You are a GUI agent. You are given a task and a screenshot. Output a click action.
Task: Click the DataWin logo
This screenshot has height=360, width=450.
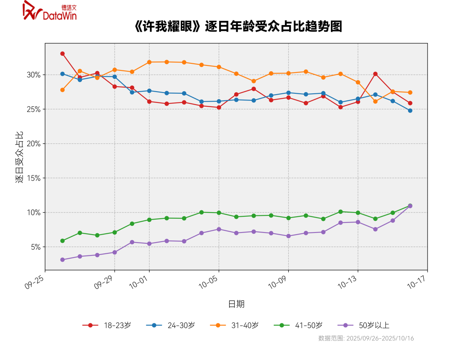(50, 11)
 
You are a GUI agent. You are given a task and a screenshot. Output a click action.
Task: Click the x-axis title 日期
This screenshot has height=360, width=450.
(236, 304)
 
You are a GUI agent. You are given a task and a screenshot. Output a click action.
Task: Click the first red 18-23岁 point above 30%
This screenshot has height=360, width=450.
(62, 54)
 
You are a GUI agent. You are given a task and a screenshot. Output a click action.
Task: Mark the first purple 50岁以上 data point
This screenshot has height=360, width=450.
(62, 260)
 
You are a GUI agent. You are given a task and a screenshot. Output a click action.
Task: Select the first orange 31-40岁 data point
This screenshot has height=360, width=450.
(62, 90)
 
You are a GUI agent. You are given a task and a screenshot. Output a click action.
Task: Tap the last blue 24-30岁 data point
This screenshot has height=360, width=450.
(410, 110)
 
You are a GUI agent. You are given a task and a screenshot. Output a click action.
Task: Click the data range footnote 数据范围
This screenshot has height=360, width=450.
(366, 338)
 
